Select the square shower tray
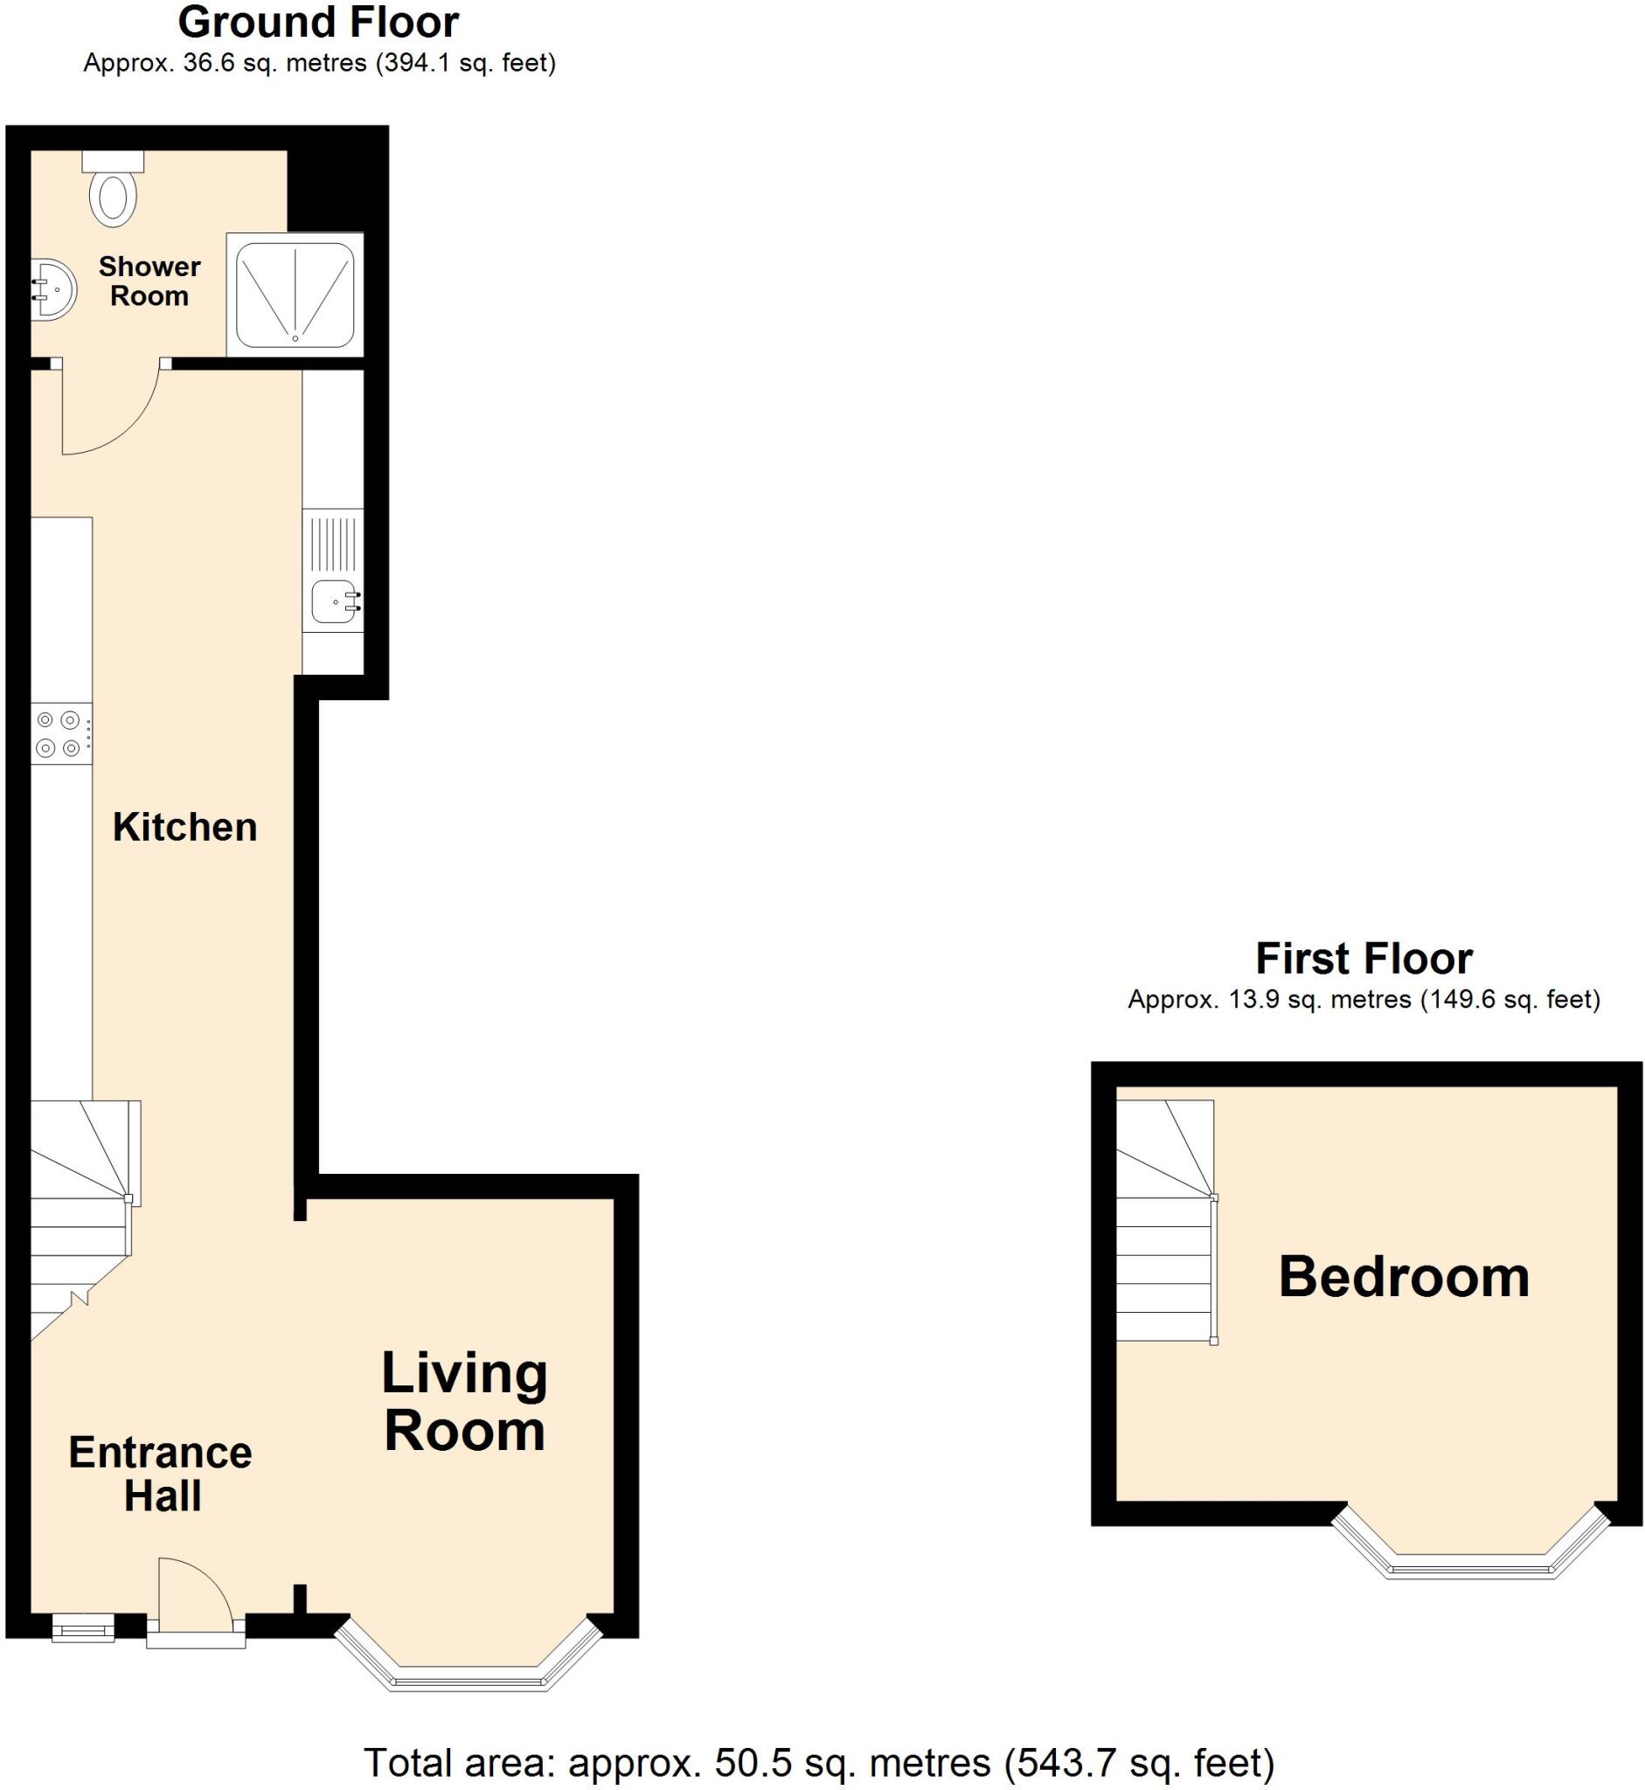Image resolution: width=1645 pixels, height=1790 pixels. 295,295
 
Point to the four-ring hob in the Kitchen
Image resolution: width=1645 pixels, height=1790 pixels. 61,733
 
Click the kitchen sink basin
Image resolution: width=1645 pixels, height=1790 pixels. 337,604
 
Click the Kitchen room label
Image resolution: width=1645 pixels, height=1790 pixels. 185,828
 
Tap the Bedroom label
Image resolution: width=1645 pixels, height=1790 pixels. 1403,1277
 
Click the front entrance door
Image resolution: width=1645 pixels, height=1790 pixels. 196,1599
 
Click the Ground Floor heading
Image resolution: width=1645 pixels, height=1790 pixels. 319,23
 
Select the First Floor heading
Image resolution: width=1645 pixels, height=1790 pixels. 1363,959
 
